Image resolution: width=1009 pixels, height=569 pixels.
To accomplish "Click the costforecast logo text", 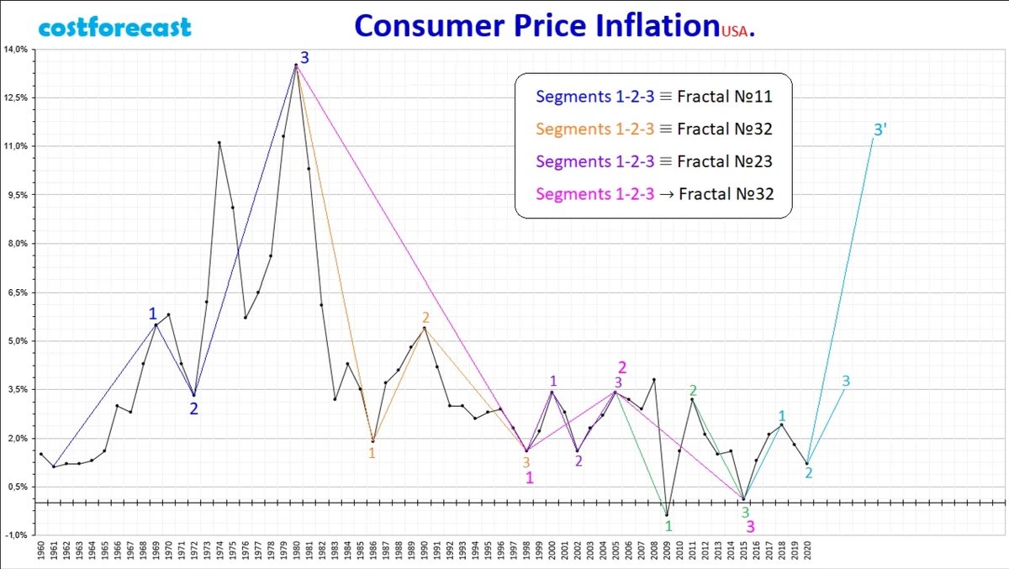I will (x=115, y=27).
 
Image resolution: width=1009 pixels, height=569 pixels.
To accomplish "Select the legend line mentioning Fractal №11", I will (x=653, y=97).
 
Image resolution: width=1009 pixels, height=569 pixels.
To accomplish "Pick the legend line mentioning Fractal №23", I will (x=653, y=161).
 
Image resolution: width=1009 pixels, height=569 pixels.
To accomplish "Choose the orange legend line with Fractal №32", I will (x=653, y=129).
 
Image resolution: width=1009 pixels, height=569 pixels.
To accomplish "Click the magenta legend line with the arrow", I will (x=653, y=194).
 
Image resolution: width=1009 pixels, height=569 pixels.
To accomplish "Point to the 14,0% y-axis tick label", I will (x=17, y=50).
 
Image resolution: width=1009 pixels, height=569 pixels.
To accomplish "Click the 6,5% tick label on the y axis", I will (x=17, y=292).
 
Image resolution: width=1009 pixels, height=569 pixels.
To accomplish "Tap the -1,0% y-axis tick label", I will (x=17, y=535).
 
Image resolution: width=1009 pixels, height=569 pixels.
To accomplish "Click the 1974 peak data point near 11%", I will (x=219, y=142).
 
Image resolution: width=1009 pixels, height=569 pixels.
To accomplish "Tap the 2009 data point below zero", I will (x=667, y=515).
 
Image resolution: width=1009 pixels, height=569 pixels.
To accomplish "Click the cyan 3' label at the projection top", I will (x=880, y=130).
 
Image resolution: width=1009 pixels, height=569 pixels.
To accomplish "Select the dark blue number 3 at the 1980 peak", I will (x=304, y=58).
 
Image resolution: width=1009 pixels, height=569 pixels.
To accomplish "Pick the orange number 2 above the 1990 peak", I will (x=425, y=318).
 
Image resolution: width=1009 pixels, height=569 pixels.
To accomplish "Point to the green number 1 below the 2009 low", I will (x=668, y=527).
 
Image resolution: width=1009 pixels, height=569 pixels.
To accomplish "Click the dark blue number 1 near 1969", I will (x=152, y=313).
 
